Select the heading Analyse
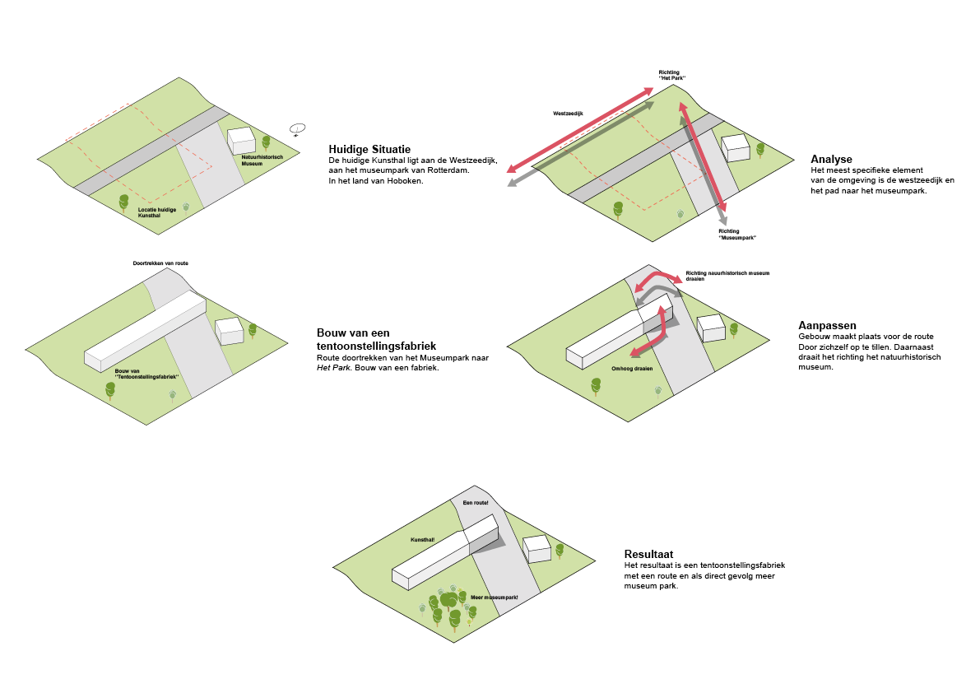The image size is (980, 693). tap(831, 159)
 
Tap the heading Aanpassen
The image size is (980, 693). tap(827, 325)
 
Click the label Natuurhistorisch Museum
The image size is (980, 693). tap(262, 160)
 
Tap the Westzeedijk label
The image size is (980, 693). tap(568, 112)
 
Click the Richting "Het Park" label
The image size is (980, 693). tap(671, 75)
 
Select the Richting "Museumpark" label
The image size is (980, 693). tap(736, 235)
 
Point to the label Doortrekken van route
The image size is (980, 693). tap(160, 263)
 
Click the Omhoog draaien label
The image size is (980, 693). tap(631, 368)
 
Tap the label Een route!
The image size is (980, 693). tap(476, 502)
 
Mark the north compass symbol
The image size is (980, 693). tap(297, 128)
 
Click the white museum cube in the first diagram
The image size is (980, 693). tap(242, 140)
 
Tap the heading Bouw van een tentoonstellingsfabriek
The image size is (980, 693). tap(376, 339)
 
